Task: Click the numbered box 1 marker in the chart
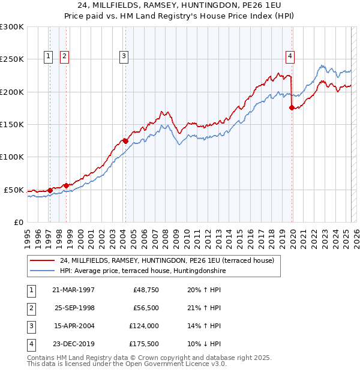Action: pyautogui.click(x=48, y=56)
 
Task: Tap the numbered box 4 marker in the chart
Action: pyautogui.click(x=290, y=56)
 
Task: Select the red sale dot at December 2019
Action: pyautogui.click(x=292, y=108)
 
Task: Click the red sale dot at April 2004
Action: pyautogui.click(x=125, y=141)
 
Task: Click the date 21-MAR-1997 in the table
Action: pyautogui.click(x=73, y=290)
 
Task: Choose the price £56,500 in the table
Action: pyautogui.click(x=145, y=308)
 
